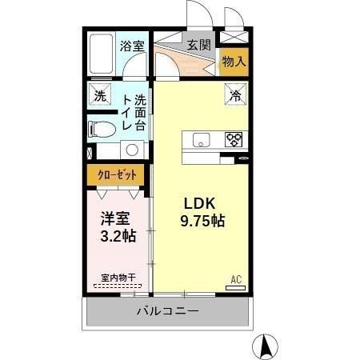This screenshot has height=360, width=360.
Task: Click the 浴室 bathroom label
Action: [132, 47]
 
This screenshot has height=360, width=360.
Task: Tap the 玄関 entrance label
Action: [199, 46]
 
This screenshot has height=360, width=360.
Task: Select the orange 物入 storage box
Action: [233, 62]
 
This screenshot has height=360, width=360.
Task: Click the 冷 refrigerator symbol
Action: [236, 95]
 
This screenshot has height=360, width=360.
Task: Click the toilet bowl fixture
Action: [99, 128]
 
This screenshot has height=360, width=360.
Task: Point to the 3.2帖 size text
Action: [118, 236]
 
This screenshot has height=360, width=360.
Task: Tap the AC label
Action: [235, 278]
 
